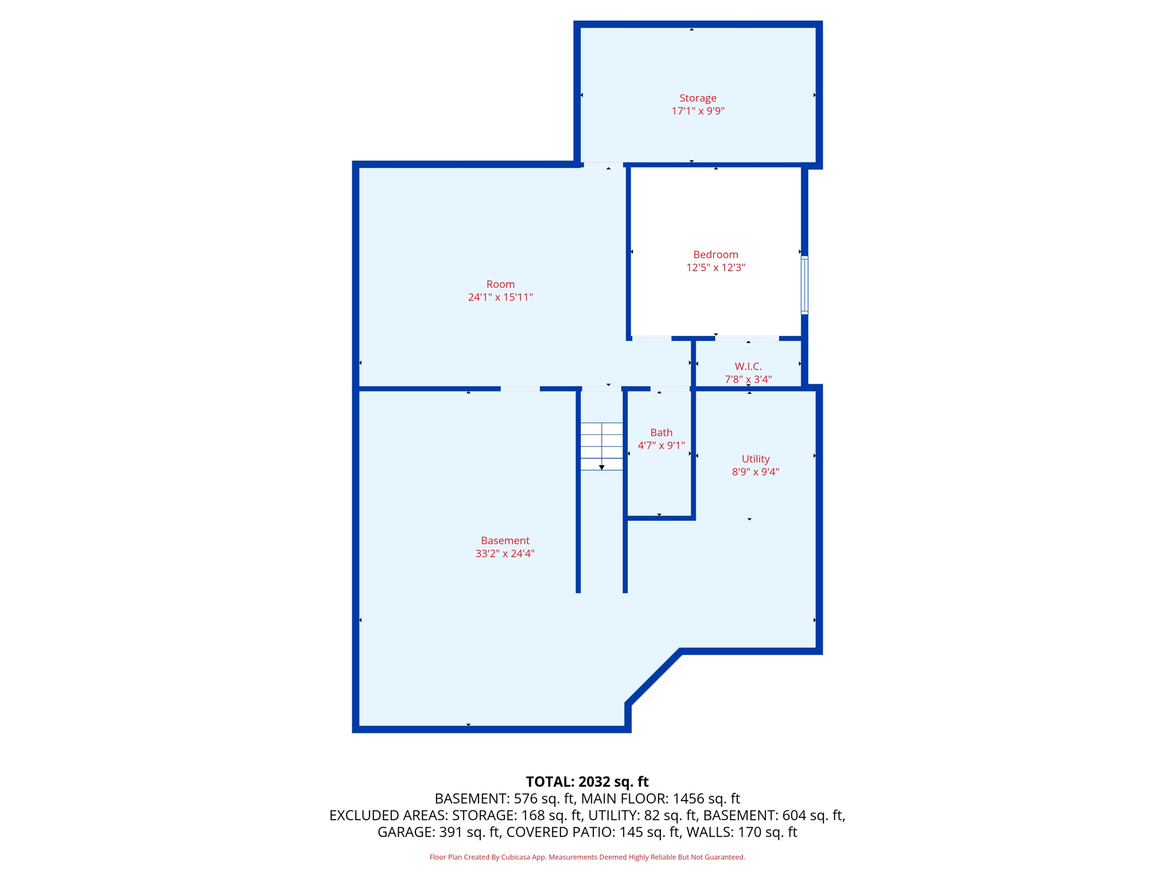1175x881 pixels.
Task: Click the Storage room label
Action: tap(698, 98)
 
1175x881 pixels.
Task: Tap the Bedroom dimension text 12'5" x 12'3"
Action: tap(715, 267)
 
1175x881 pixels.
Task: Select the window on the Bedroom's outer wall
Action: tap(804, 285)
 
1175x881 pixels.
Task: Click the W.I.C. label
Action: tap(748, 366)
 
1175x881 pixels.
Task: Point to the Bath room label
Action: tap(661, 432)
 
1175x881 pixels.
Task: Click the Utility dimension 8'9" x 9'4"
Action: tap(755, 472)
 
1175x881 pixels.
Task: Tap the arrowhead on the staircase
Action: tap(601, 467)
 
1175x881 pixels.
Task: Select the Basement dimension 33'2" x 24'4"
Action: tap(505, 553)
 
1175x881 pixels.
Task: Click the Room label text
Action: tap(500, 284)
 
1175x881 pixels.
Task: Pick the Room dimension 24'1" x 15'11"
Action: tap(500, 297)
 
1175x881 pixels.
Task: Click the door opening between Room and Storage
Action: tap(602, 165)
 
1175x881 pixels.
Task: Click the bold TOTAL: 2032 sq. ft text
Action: tap(587, 782)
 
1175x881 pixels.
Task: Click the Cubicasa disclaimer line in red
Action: tap(587, 857)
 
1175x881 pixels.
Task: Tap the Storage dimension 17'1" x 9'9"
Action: tap(698, 111)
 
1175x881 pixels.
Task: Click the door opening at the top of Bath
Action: tap(670, 389)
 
